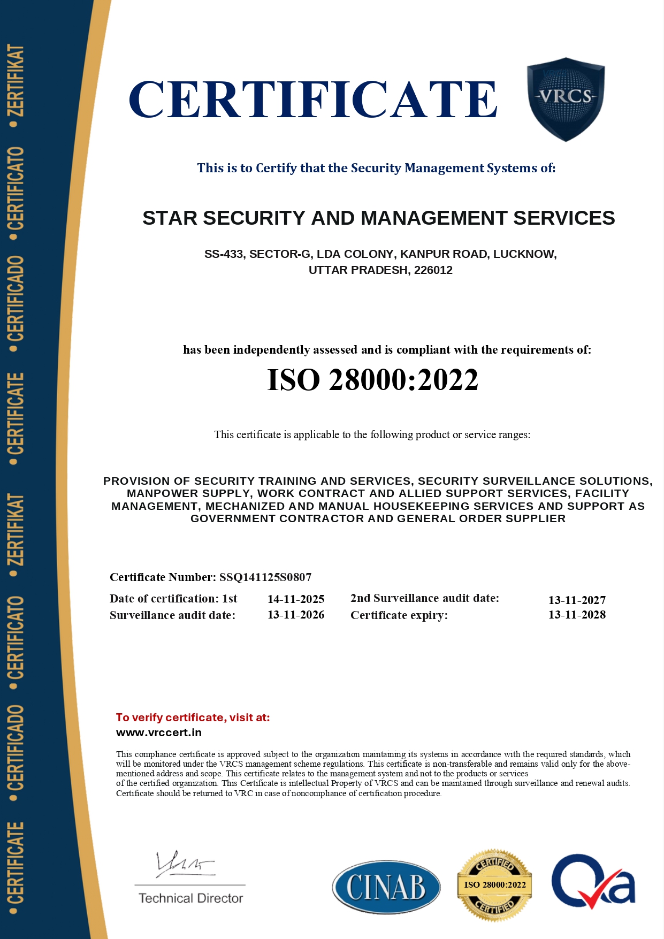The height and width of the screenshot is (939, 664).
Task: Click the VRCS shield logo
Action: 566,98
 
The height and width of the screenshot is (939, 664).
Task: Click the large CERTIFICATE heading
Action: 313,100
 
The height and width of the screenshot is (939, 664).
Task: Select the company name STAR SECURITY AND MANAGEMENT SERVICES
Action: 378,218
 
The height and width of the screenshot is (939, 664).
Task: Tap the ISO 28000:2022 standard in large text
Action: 372,380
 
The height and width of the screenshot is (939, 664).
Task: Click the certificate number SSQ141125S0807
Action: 265,577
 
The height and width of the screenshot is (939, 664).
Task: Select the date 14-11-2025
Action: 296,599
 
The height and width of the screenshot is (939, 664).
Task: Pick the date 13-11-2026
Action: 296,615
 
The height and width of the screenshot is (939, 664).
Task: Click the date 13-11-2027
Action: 577,600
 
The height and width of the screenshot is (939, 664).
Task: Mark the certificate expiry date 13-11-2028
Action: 577,615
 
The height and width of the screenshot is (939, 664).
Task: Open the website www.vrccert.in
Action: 159,732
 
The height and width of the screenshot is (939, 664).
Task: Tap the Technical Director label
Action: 190,898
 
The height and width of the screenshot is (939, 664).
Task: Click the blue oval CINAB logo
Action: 386,887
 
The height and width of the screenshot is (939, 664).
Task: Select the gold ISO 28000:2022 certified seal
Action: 494,884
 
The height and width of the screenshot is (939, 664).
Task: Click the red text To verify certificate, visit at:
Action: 193,717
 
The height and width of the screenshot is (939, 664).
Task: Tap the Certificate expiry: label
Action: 399,615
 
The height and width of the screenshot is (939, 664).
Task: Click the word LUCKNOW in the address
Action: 524,254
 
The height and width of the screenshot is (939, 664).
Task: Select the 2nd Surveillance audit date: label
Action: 425,598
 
